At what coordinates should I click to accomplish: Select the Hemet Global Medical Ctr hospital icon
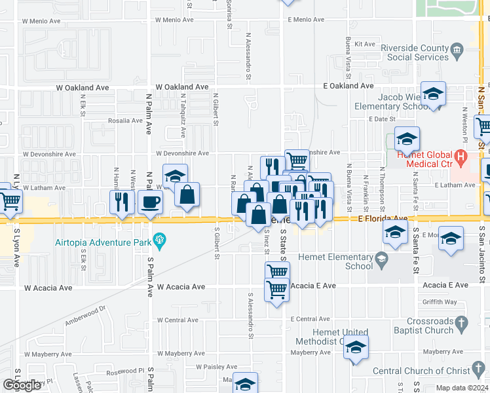(x=460, y=157)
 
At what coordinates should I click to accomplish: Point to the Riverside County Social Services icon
(x=457, y=48)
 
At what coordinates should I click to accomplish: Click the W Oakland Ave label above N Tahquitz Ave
(x=182, y=86)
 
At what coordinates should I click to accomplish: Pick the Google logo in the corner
(x=22, y=385)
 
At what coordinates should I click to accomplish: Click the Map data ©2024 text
(x=461, y=388)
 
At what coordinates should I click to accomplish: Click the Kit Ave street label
(x=364, y=44)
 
